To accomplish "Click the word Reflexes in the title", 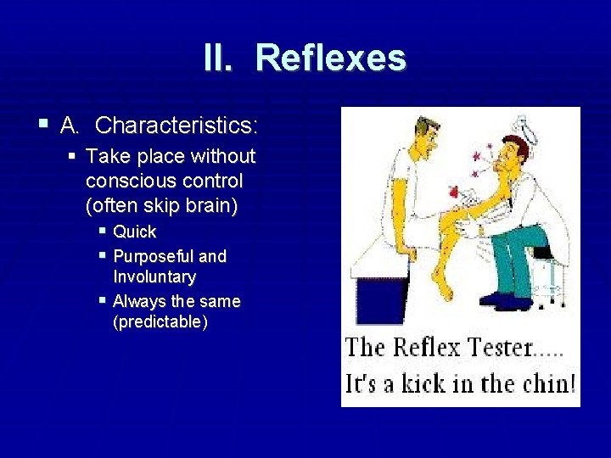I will (330, 59).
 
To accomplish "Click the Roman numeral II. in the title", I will (222, 59).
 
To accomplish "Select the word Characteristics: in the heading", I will (177, 126).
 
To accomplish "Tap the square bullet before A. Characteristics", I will (42, 125).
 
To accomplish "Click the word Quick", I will (135, 232).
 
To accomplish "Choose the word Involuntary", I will (154, 277).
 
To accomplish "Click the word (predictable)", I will (160, 322).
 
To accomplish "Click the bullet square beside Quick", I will (103, 231).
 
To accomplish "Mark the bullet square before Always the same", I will (103, 300).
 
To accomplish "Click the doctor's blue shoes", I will (501, 298).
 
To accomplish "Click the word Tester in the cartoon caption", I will (490, 349).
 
